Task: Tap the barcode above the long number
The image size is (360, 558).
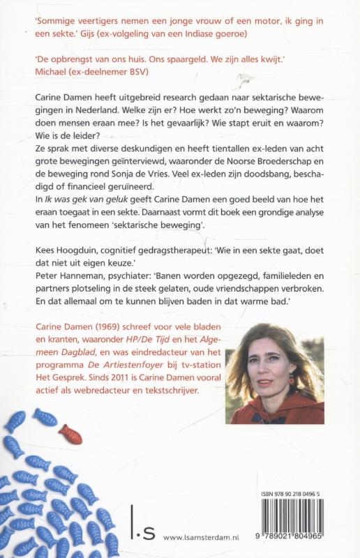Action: pos(303,517)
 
